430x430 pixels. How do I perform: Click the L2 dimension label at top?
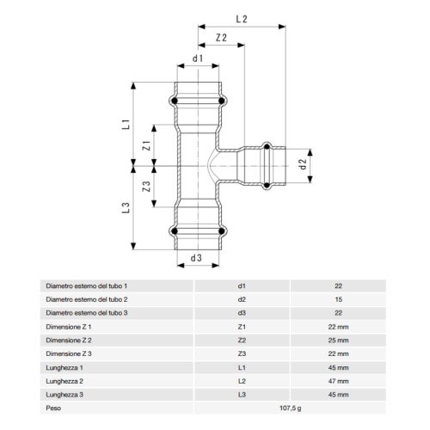click(x=241, y=18)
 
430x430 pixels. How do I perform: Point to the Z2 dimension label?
click(x=221, y=39)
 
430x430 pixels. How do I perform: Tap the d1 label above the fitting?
click(x=198, y=58)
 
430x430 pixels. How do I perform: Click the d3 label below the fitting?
click(x=197, y=257)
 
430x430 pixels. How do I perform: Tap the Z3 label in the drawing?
click(x=146, y=185)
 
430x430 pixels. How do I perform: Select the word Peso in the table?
click(x=53, y=408)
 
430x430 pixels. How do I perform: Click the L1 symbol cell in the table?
click(x=243, y=367)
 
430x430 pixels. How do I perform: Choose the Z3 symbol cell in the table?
click(x=243, y=353)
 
